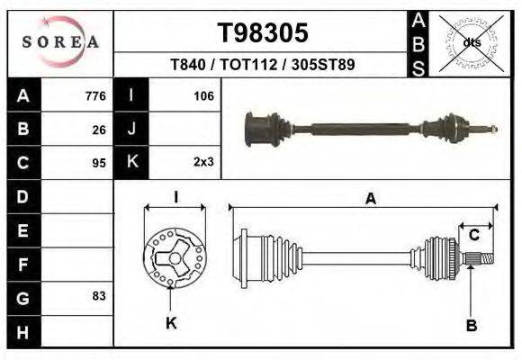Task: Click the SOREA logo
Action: tap(60, 42)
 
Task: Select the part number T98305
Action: tap(263, 33)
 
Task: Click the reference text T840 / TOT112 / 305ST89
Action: tap(263, 66)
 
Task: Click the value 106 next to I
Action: tap(203, 96)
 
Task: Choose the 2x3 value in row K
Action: tap(202, 163)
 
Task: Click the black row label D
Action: tap(23, 196)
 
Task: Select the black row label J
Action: tap(131, 130)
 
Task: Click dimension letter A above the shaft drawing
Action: tap(370, 200)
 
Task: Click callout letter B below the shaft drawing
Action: tap(470, 324)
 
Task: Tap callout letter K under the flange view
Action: tap(171, 323)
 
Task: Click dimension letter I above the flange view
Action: tap(175, 198)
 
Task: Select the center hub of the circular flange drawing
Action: tap(170, 258)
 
